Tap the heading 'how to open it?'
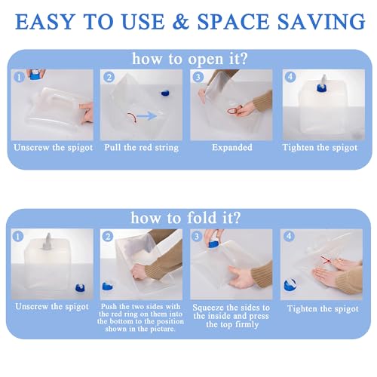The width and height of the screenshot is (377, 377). click(x=190, y=59)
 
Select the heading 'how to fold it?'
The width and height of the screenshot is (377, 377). click(x=186, y=218)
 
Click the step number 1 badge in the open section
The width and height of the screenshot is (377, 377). click(x=19, y=77)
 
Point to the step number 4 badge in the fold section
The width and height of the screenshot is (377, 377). click(x=289, y=236)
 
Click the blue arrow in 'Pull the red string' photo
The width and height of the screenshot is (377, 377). click(x=147, y=116)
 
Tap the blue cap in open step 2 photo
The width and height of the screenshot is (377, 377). click(x=165, y=93)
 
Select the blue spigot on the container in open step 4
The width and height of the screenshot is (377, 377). click(x=321, y=88)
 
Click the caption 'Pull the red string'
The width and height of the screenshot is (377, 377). click(x=142, y=148)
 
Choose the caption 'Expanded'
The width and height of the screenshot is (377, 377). click(x=232, y=147)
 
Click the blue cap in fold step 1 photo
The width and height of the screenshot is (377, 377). click(x=81, y=288)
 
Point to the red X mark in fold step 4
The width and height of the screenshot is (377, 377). click(x=326, y=260)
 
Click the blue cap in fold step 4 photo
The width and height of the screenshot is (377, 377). click(x=290, y=285)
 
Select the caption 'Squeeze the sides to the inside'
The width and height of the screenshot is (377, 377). click(x=231, y=311)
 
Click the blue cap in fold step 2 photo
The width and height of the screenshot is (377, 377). click(x=107, y=286)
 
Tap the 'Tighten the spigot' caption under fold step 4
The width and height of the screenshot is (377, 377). click(x=323, y=308)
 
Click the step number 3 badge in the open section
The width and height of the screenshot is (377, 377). click(x=198, y=77)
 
